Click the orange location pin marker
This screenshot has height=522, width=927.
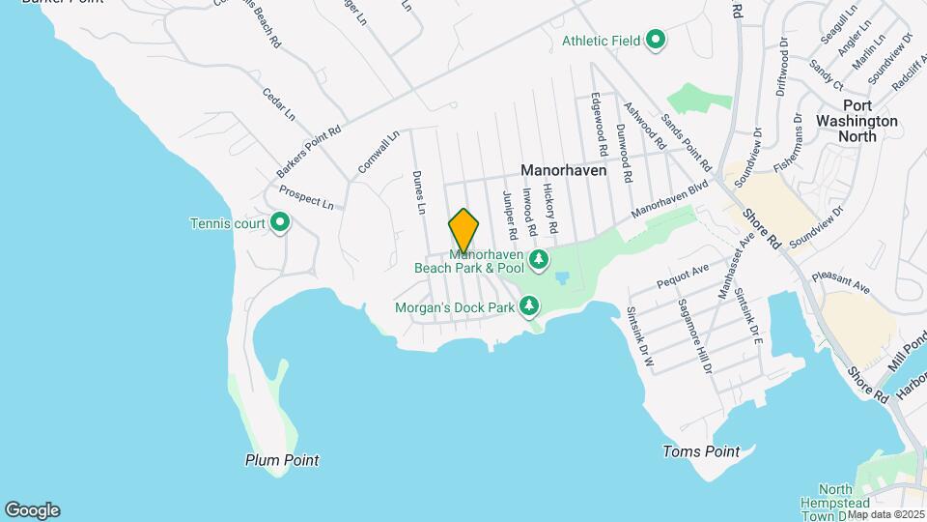463,230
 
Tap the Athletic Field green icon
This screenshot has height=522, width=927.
656,40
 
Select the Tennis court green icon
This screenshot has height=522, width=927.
281,224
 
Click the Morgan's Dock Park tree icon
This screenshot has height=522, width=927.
529,307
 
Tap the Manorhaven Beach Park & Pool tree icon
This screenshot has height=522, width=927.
539,259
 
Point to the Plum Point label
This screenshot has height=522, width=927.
282,460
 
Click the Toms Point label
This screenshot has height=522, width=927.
701,451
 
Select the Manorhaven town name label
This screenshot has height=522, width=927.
563,169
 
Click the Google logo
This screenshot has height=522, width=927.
32,510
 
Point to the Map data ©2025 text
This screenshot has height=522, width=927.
886,514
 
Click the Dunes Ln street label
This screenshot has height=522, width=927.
419,192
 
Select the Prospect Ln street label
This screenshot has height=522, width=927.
306,198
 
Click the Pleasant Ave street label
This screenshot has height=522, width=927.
841,281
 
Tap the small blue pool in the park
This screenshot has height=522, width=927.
562,277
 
